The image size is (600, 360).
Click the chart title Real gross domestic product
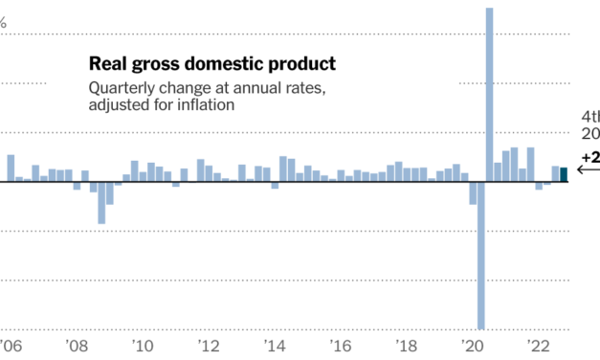211,64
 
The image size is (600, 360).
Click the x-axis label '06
10,348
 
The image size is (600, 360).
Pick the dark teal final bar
564,174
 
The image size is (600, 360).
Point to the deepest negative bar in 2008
101,202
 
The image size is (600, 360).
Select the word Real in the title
106,64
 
